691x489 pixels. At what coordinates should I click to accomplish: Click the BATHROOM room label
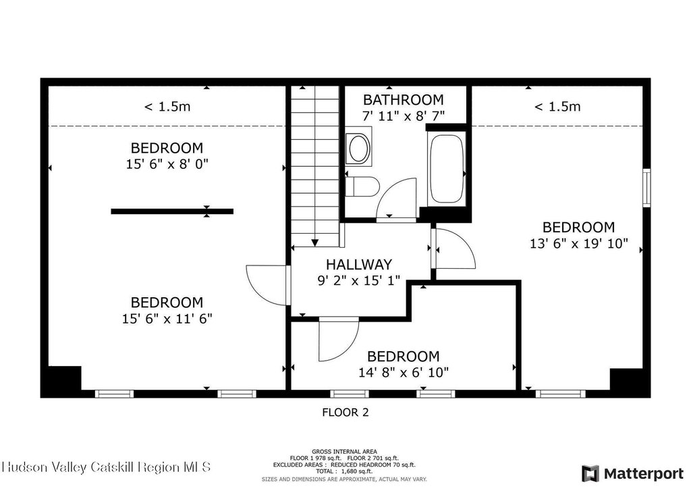coord(403,100)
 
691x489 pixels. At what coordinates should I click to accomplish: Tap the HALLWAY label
coord(359,264)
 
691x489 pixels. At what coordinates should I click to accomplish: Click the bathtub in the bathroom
coord(447,168)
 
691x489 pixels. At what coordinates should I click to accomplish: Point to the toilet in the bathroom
coord(362,187)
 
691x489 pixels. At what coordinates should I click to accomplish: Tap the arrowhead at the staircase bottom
coord(314,242)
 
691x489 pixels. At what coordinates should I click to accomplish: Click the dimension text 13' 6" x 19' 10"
coord(578,243)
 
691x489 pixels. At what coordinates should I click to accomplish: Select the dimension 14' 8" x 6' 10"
coord(404,373)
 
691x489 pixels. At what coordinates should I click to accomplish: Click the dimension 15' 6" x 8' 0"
coord(167,164)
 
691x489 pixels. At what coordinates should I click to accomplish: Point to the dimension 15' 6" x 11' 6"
coord(167,318)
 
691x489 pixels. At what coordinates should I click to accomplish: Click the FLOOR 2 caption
coord(345,412)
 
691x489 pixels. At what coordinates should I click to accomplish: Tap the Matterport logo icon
coord(590,473)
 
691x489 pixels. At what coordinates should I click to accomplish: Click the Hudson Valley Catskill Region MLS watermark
coord(106,467)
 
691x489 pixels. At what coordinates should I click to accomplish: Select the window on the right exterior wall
coord(646,188)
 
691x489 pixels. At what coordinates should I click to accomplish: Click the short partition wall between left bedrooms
coord(172,211)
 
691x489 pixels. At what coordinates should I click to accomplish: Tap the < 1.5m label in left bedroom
coord(167,106)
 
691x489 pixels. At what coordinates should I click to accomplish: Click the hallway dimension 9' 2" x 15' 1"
coord(359,280)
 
